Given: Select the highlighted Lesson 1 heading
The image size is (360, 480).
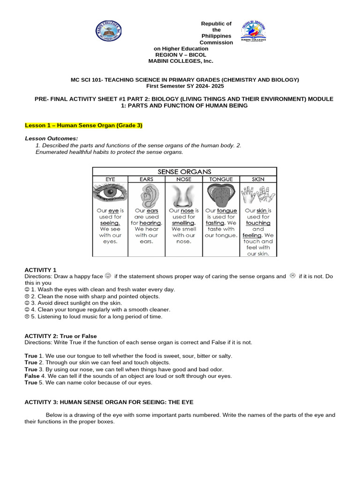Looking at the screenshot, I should tap(83, 126).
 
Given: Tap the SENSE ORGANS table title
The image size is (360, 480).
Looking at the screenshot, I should tap(184, 172).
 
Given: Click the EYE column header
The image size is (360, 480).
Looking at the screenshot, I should tap(110, 179).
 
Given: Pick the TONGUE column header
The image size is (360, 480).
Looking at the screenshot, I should tap(221, 179).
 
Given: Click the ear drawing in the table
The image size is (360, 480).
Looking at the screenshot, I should tap(147, 195).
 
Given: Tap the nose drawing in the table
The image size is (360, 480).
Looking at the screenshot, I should tap(184, 195).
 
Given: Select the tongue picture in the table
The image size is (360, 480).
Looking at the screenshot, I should tap(221, 195).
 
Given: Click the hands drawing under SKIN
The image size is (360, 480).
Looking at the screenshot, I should tap(258, 194).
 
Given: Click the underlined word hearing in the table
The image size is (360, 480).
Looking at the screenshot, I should tap(150, 223).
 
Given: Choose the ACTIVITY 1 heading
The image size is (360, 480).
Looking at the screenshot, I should tap(40, 270).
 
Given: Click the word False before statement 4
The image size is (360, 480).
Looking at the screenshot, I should tap(32, 376).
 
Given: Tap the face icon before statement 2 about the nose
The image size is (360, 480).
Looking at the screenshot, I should tap(27, 297).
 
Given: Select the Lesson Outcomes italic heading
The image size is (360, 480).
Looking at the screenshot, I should tap(51, 139).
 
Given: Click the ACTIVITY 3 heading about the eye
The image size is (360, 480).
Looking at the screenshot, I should tap(109, 402).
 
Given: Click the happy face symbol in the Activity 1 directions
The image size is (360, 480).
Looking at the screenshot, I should tap(108, 276).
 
